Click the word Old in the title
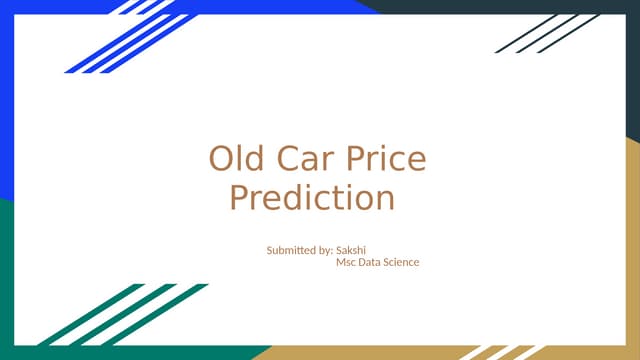point(234,159)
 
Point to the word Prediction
point(311,197)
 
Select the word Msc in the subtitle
point(346,262)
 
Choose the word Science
point(401,262)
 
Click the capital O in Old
point(219,159)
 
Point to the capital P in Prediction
point(238,197)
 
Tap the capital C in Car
point(287,159)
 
